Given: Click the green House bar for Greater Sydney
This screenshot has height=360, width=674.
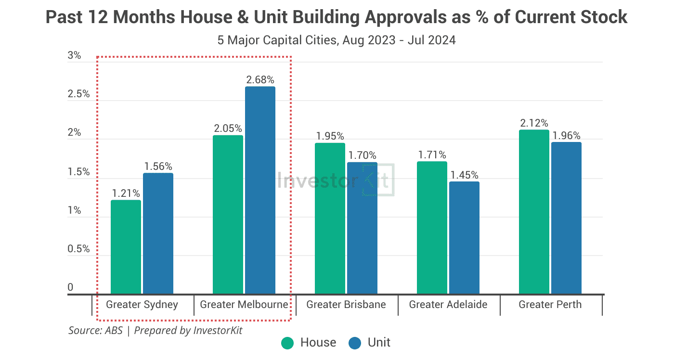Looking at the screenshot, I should click(126, 247).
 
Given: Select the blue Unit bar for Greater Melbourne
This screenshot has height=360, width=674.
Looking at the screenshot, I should click(260, 190).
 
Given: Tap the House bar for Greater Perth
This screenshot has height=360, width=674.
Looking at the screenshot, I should click(534, 212).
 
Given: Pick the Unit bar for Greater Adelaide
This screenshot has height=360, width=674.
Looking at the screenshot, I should click(464, 238).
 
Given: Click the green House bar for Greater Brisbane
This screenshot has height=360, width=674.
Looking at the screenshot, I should click(330, 219).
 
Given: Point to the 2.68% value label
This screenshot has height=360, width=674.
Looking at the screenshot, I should click(260, 79).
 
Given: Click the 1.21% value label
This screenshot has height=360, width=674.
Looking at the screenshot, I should click(126, 193).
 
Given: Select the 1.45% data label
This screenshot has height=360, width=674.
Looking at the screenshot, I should click(464, 175).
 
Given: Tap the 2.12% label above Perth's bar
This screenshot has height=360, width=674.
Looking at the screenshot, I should click(534, 123).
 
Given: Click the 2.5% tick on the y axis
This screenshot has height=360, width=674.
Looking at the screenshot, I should click(78, 94).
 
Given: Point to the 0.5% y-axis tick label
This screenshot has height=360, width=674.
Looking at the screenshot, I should click(78, 249).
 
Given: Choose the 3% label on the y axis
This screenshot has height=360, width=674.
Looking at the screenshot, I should click(74, 55).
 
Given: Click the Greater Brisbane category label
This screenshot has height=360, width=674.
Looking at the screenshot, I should click(346, 305).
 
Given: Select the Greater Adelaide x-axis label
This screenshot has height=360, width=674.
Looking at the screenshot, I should click(448, 305).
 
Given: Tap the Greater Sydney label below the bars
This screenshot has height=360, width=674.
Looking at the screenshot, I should click(142, 305).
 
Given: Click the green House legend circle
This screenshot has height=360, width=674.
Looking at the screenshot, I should click(287, 343).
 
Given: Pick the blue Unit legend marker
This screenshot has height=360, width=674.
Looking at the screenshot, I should click(355, 343).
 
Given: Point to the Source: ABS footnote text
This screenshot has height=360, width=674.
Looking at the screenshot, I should click(95, 331).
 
